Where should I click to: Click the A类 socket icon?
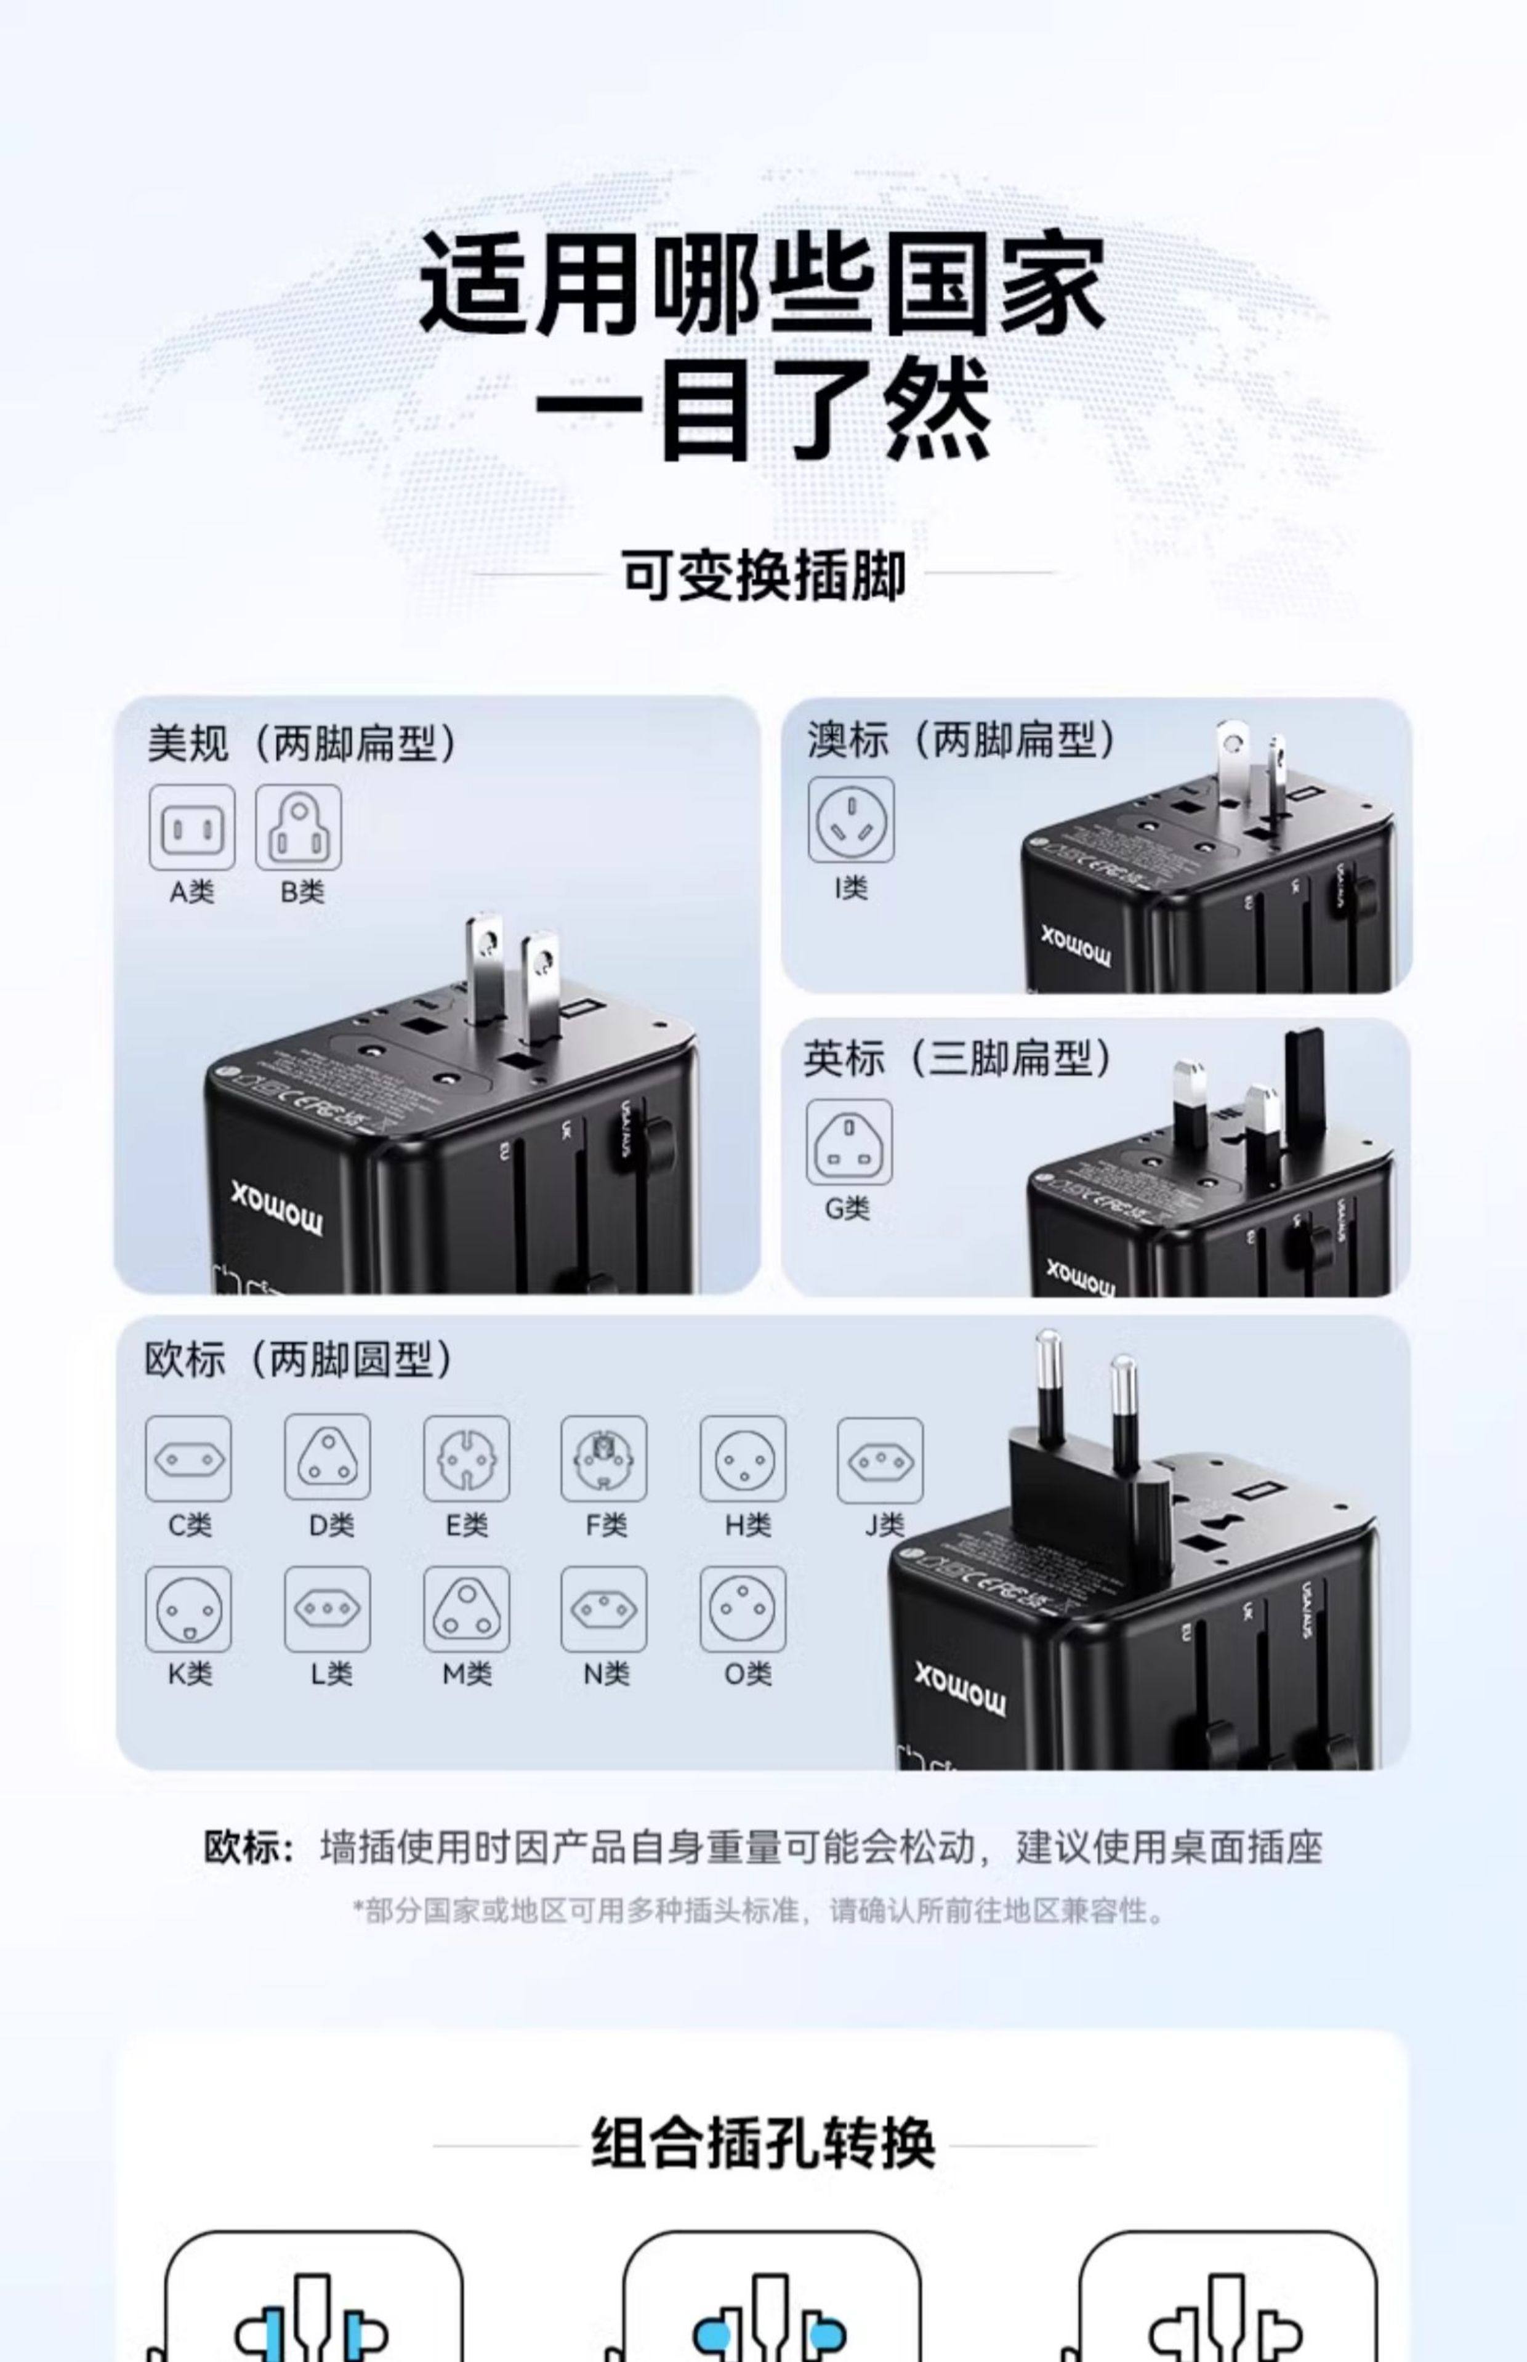point(191,827)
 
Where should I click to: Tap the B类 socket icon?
point(299,827)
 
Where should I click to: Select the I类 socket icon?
point(851,819)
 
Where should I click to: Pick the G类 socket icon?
point(848,1142)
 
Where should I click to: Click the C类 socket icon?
point(188,1459)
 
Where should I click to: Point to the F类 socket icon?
point(604,1459)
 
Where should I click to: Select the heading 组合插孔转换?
point(763,2143)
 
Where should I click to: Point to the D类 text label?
point(330,1525)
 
